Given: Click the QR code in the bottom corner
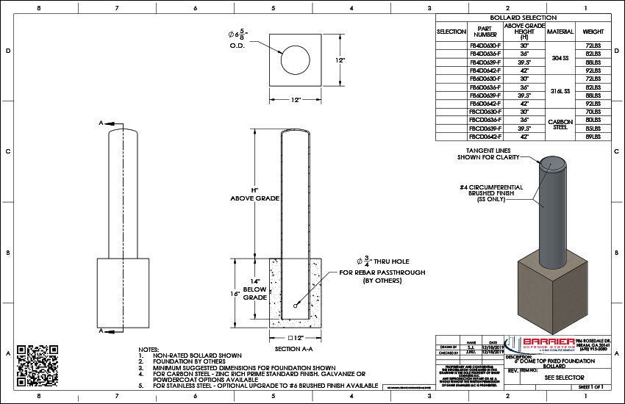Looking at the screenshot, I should [x=37, y=365].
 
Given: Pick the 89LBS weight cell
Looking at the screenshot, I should [x=593, y=136].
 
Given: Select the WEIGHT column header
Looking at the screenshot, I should [x=593, y=32].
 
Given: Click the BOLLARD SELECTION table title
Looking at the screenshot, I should [x=523, y=17].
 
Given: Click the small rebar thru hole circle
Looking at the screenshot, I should [x=295, y=306].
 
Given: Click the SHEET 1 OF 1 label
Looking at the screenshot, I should [x=593, y=386].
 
